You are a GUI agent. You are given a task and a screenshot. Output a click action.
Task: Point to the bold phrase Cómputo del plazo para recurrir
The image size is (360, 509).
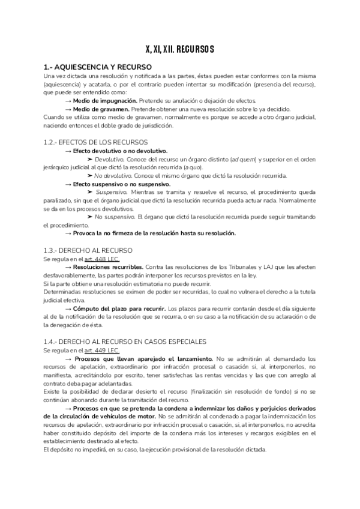pos(124,307)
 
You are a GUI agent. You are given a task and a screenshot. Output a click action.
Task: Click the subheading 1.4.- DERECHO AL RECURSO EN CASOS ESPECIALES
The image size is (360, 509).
pos(125,341)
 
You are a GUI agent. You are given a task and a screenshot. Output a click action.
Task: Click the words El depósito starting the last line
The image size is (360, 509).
pos(57,450)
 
